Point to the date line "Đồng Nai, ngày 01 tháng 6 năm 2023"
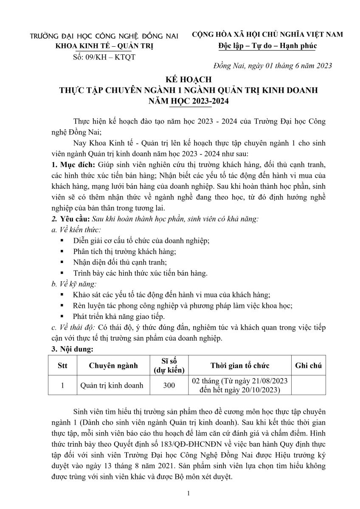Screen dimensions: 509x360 click(272, 65)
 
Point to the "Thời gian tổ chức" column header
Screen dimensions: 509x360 click(240, 366)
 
